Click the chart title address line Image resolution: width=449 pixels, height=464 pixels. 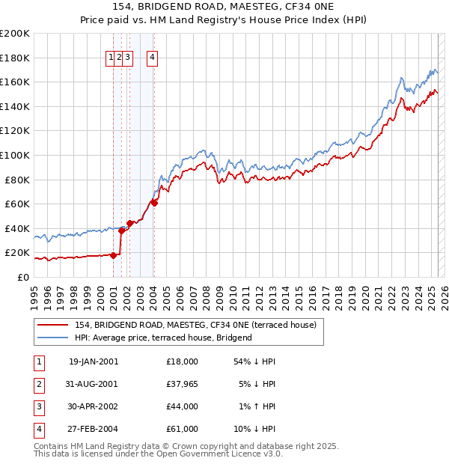click(x=224, y=7)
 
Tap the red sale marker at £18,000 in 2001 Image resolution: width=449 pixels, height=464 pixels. click(x=114, y=255)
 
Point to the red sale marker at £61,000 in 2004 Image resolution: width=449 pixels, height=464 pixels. click(x=154, y=203)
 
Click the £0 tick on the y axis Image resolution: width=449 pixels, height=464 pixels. click(x=22, y=277)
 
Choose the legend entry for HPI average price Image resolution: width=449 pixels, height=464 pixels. click(x=163, y=338)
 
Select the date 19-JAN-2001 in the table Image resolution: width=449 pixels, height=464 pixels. click(x=93, y=361)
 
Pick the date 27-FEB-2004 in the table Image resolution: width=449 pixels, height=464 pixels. click(x=93, y=429)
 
